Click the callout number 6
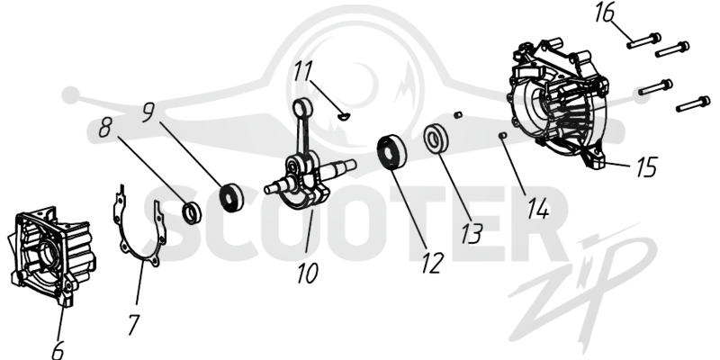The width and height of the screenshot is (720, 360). click(x=58, y=350)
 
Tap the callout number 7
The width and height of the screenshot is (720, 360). click(x=133, y=324)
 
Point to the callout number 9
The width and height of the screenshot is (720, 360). click(x=148, y=112)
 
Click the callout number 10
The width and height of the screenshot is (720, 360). click(x=307, y=274)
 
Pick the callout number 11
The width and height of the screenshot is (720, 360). click(x=303, y=71)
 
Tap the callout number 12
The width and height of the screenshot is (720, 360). click(x=433, y=264)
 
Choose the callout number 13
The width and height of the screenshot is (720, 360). click(x=472, y=233)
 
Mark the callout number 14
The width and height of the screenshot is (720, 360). click(x=537, y=210)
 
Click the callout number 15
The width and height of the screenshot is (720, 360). click(x=646, y=166)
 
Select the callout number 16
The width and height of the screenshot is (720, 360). click(x=604, y=13)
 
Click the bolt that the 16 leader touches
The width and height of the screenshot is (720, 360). click(x=643, y=40)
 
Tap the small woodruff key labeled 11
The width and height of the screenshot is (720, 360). click(x=344, y=117)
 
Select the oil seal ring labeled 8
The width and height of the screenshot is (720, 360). click(x=192, y=212)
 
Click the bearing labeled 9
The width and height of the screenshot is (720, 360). click(x=231, y=197)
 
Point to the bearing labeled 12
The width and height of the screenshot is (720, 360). click(x=391, y=152)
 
